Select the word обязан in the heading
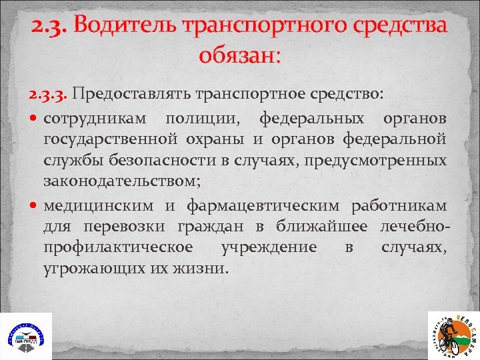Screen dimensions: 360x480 pyautogui.click(x=237, y=54)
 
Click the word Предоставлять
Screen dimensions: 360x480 pyautogui.click(x=134, y=94)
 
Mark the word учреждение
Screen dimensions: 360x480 pyautogui.click(x=270, y=247)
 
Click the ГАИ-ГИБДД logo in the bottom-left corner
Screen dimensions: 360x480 pyautogui.click(x=25, y=337)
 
